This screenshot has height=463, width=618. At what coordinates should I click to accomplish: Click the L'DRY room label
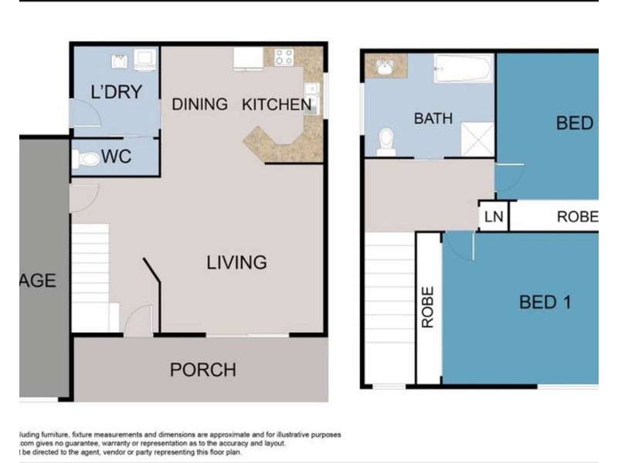(116, 93)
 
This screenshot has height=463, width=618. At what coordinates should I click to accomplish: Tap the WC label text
(116, 157)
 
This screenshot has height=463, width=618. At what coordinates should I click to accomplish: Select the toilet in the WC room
(87, 160)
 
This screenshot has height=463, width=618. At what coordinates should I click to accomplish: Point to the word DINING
(199, 104)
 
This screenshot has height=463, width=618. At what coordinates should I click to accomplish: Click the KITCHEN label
(277, 104)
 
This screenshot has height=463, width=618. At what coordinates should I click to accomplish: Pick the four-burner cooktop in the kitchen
(284, 57)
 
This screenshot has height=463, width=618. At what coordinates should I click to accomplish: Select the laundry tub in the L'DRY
(121, 59)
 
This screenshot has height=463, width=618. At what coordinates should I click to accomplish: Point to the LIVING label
(236, 262)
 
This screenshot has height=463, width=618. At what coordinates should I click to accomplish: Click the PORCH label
(202, 370)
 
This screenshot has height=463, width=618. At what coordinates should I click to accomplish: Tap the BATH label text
(433, 119)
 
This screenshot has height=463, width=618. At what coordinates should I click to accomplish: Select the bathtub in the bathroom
(460, 70)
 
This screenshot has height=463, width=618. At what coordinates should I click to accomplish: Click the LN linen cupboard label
(493, 217)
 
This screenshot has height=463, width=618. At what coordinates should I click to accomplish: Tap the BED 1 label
(545, 302)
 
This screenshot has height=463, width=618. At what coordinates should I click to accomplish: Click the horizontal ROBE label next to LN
(576, 218)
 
